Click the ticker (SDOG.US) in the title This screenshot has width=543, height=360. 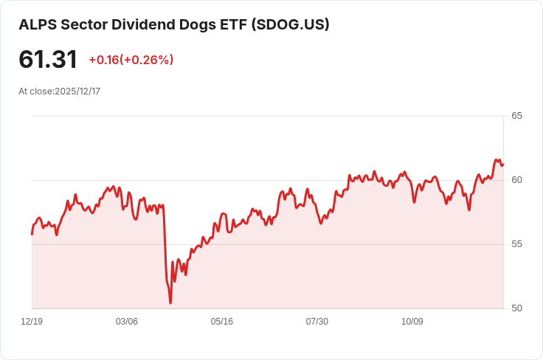(290, 24)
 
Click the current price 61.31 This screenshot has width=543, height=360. (48, 59)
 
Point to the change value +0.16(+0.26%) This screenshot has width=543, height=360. (131, 60)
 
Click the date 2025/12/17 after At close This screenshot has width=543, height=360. (77, 91)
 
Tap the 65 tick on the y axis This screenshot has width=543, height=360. (516, 116)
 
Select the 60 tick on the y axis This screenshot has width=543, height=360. (516, 180)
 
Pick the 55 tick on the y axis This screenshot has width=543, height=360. (516, 244)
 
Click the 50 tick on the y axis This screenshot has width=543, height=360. (516, 308)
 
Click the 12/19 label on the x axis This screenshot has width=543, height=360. (32, 322)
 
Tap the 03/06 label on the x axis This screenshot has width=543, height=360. (127, 322)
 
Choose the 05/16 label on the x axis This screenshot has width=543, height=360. (222, 322)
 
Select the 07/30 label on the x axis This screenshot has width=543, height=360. (317, 322)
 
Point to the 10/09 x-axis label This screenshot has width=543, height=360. (412, 322)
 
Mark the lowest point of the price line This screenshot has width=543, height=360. (170, 302)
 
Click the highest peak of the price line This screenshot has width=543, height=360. (497, 159)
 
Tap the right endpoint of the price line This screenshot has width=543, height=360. (503, 164)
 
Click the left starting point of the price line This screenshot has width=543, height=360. (32, 234)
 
